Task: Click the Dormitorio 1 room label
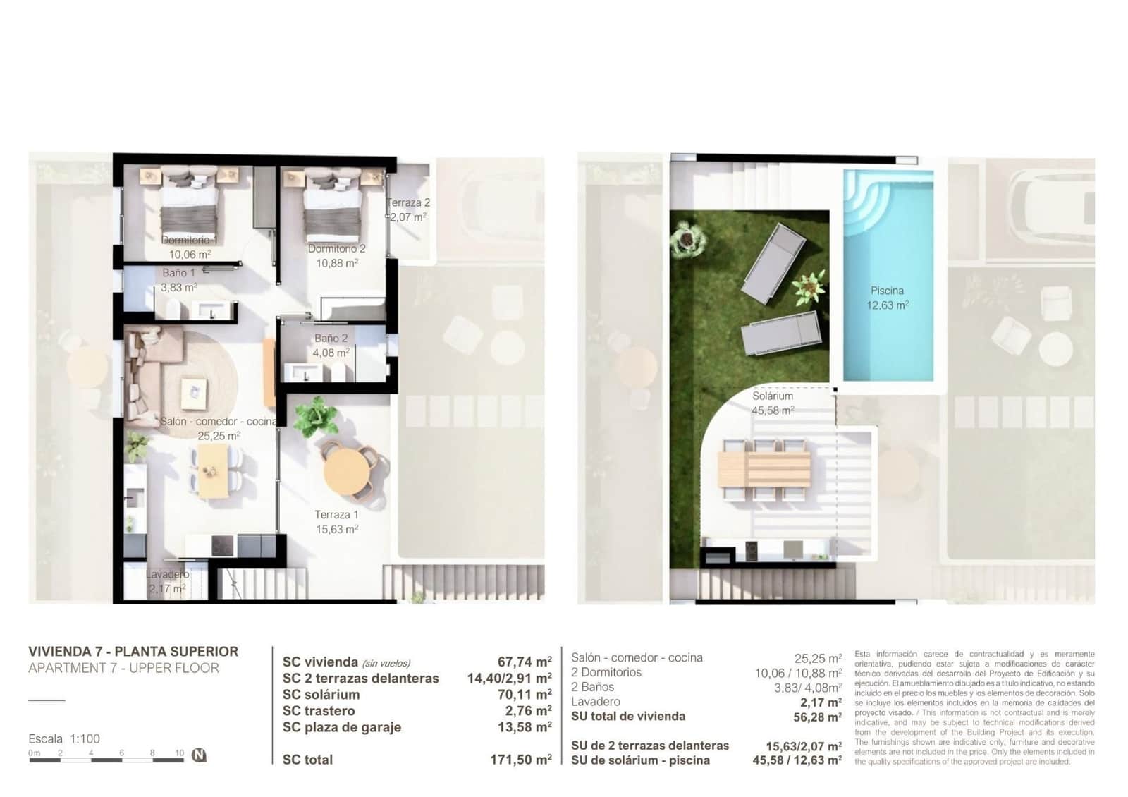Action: [x=188, y=240]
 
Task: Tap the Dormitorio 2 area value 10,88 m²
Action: [x=337, y=263]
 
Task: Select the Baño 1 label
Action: [x=178, y=273]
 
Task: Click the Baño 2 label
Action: [x=331, y=339]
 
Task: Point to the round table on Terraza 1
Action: [x=345, y=470]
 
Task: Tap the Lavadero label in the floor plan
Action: [x=167, y=574]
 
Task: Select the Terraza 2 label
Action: [x=408, y=203]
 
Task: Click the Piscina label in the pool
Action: [x=887, y=291]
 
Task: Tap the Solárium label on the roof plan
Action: [x=772, y=396]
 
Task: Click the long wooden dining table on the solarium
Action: [x=764, y=469]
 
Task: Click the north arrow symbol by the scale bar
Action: [x=199, y=755]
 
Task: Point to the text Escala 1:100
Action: [x=64, y=738]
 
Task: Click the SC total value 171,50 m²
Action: [x=520, y=760]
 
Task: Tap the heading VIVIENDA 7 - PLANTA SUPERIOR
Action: [x=133, y=652]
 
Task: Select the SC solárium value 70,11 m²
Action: [x=524, y=695]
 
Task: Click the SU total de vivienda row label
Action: [x=627, y=717]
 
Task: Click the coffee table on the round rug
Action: [x=193, y=392]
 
